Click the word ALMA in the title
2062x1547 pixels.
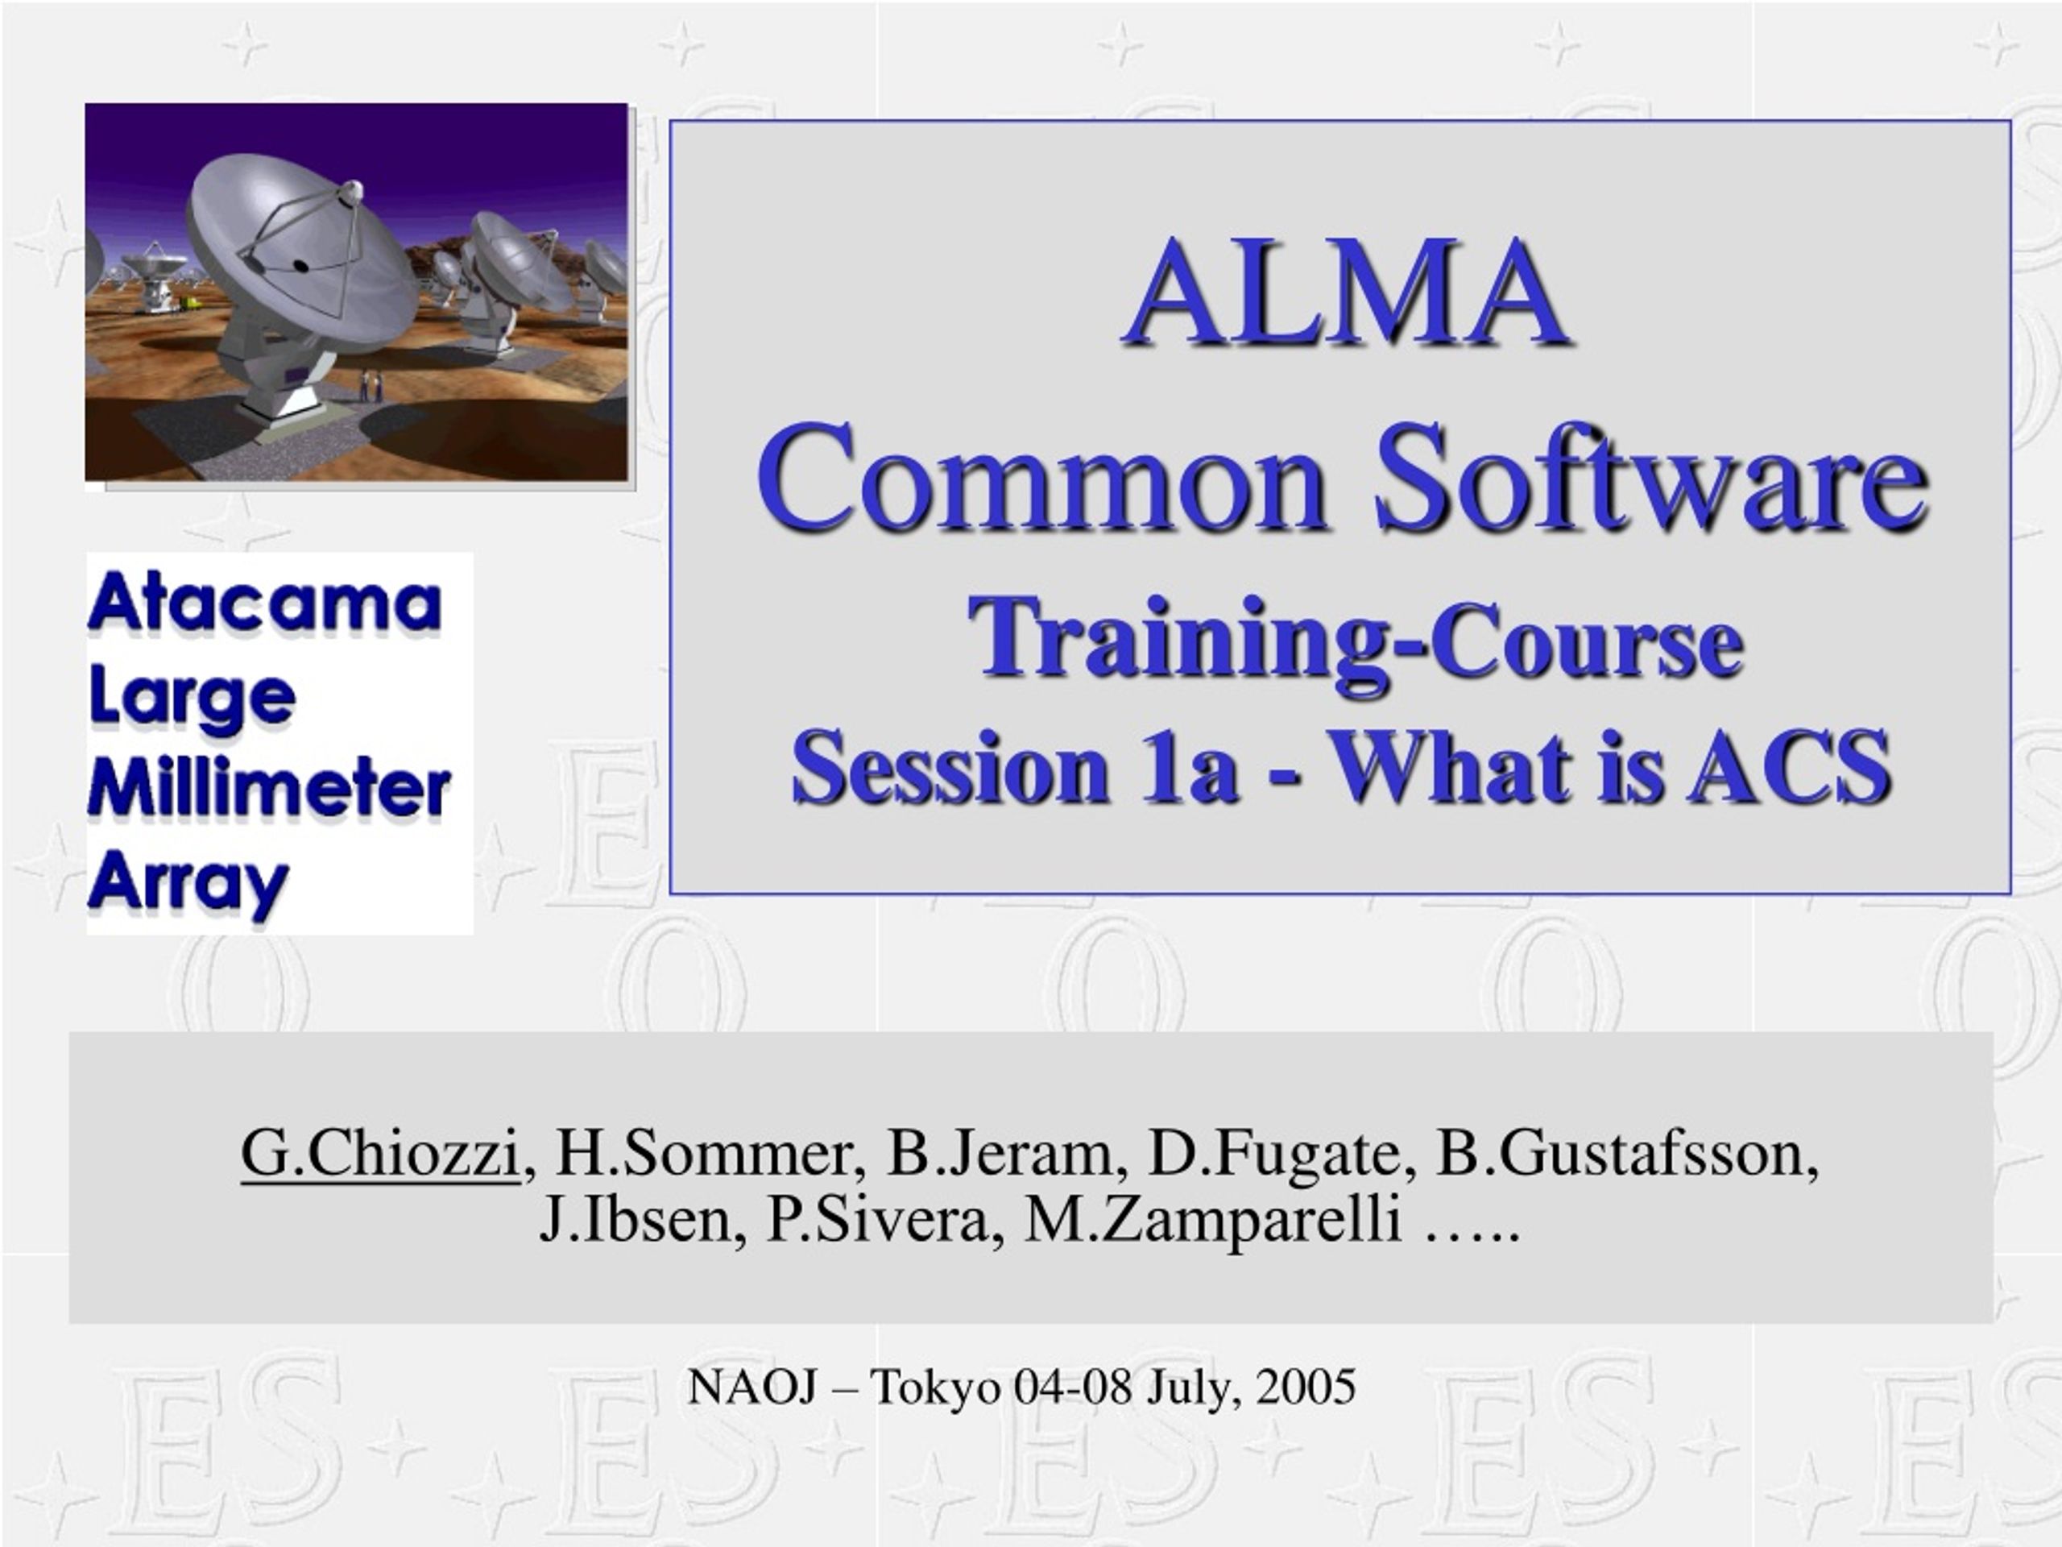click(x=1345, y=292)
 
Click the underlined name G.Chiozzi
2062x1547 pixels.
click(x=379, y=1154)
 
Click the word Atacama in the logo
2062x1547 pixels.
click(x=265, y=604)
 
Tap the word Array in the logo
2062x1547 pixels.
click(x=188, y=883)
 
